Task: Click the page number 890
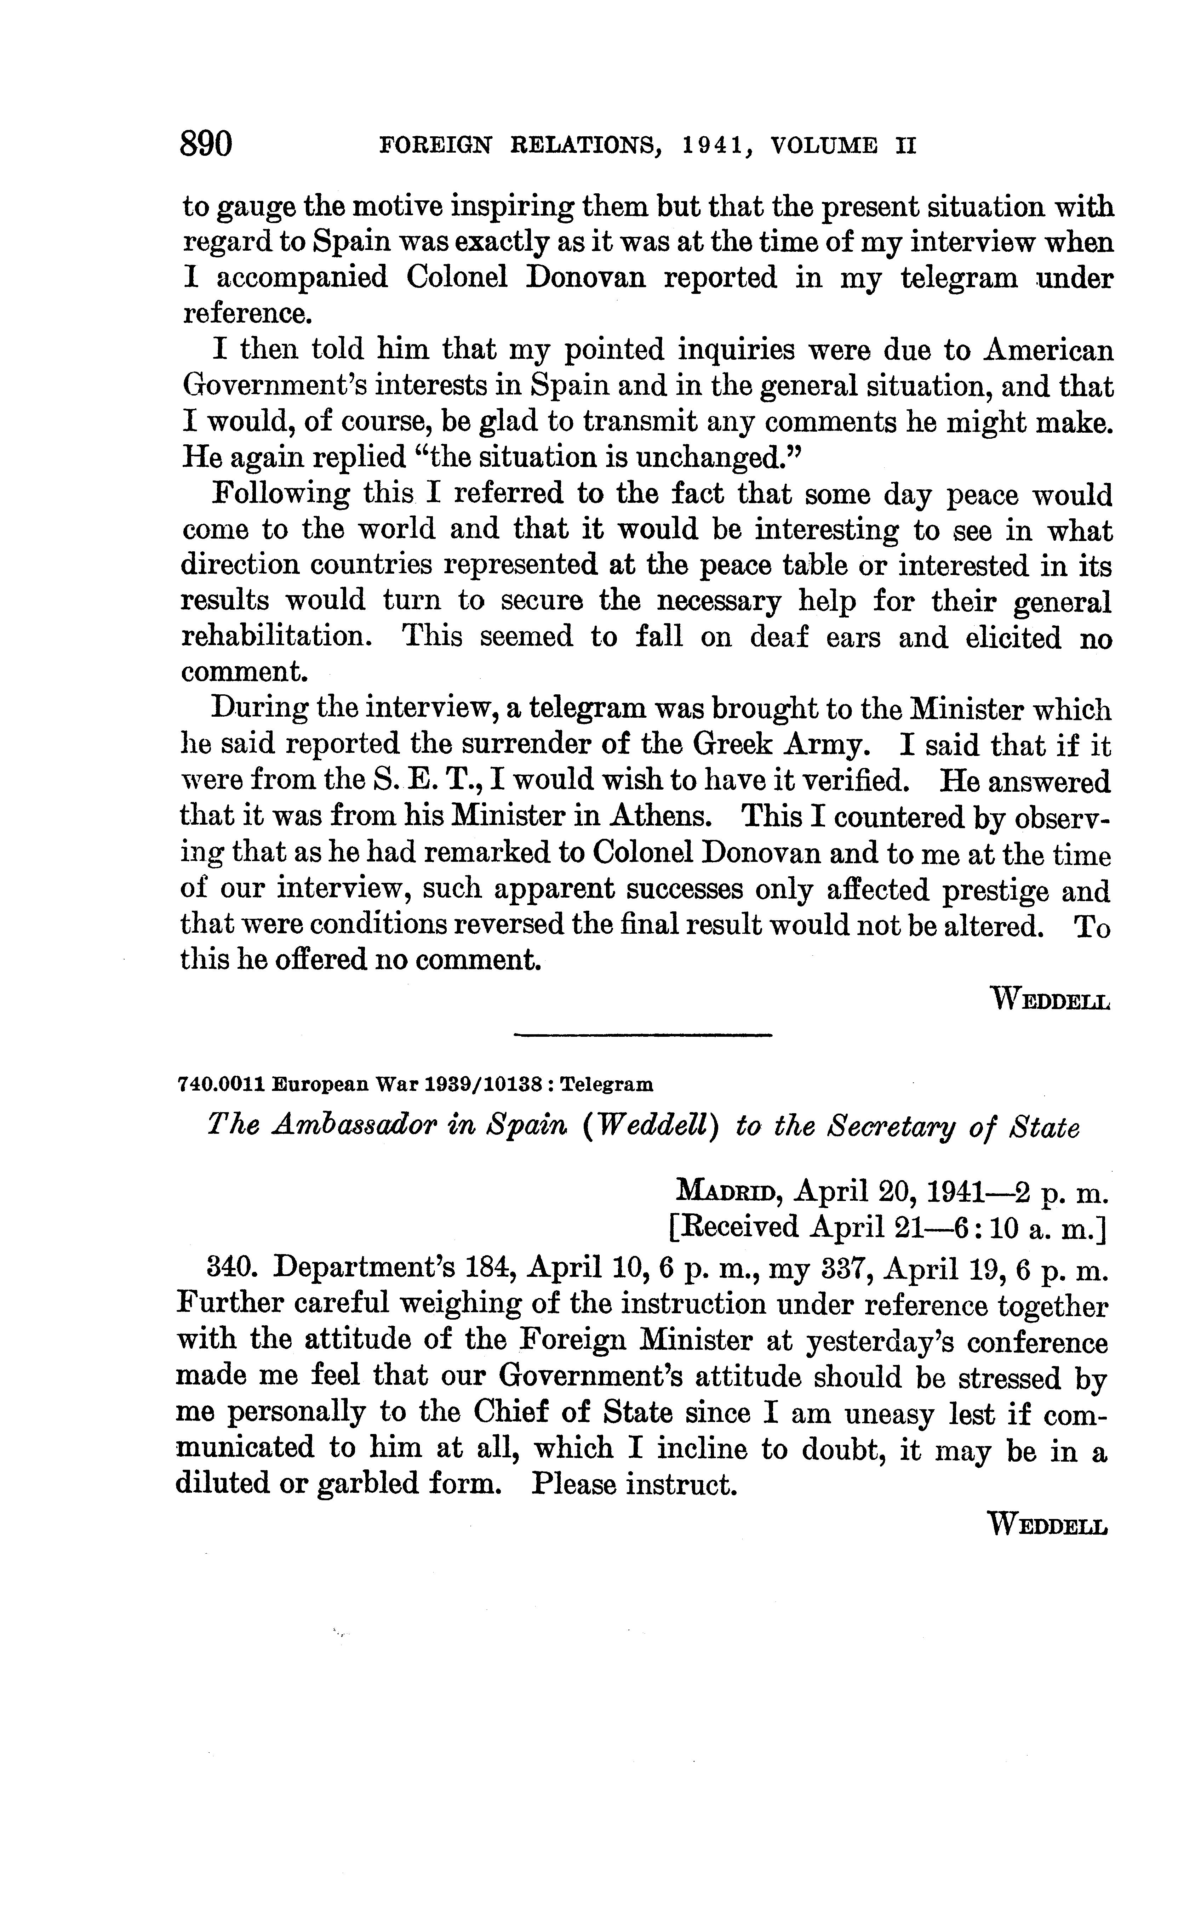206,145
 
